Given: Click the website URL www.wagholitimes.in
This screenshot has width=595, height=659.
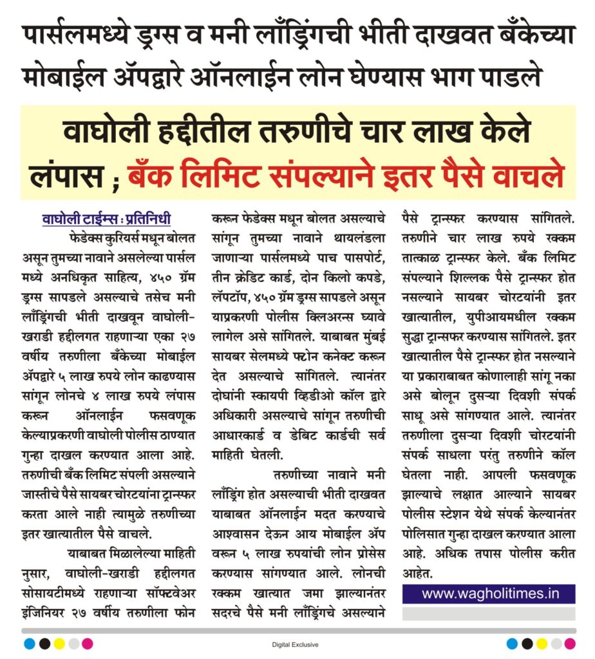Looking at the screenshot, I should [490, 593].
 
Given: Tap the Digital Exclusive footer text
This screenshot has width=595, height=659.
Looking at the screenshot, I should [295, 644].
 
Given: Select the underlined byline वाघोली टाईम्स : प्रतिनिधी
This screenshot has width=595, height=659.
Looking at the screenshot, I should [106, 219].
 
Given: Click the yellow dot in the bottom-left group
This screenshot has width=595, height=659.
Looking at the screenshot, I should [59, 644].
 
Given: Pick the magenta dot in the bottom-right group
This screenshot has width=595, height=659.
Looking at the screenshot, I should [570, 644].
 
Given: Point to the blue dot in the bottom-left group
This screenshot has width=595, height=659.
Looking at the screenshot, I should [29, 644].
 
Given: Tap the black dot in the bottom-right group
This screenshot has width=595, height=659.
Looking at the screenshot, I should [527, 644].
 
